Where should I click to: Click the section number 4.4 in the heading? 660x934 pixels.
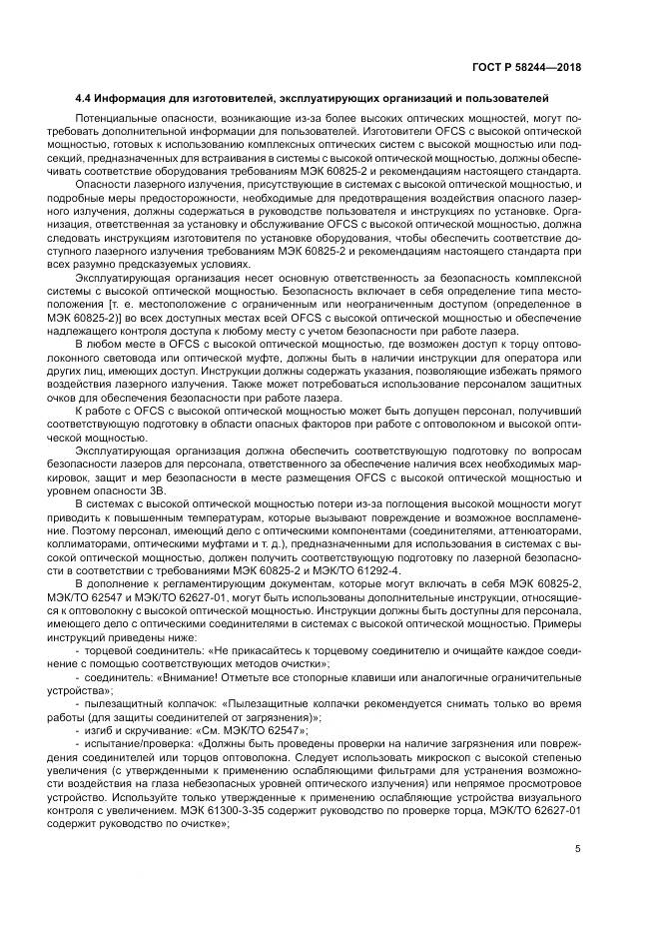coord(85,99)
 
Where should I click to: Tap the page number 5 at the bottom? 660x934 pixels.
coord(579,850)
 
